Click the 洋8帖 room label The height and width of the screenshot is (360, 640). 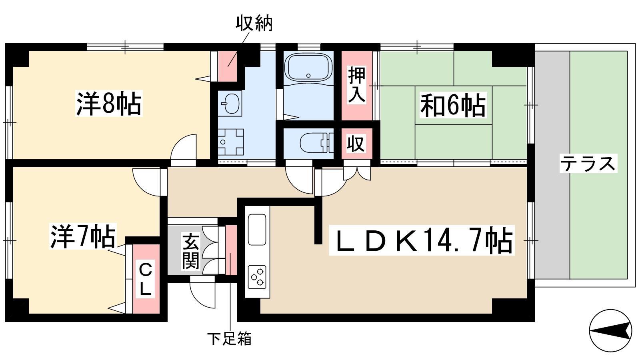(109, 104)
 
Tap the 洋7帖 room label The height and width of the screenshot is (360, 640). (83, 236)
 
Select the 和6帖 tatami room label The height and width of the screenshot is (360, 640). (453, 105)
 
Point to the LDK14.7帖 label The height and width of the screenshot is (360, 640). (422, 240)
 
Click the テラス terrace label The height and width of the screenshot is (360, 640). (588, 164)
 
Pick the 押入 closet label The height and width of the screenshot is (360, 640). (357, 84)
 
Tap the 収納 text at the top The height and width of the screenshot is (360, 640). (254, 23)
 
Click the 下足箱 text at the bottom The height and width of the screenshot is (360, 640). (230, 338)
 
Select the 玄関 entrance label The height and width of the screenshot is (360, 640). (190, 251)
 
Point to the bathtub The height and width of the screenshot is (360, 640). (308, 68)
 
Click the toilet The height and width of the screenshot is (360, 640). (316, 142)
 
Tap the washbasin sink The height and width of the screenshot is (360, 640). (230, 103)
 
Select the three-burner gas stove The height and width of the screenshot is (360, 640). (257, 277)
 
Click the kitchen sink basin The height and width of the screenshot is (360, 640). (257, 230)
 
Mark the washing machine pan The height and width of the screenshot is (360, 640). (231, 142)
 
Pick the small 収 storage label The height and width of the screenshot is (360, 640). (356, 144)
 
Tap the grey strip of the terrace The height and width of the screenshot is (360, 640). (552, 165)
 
